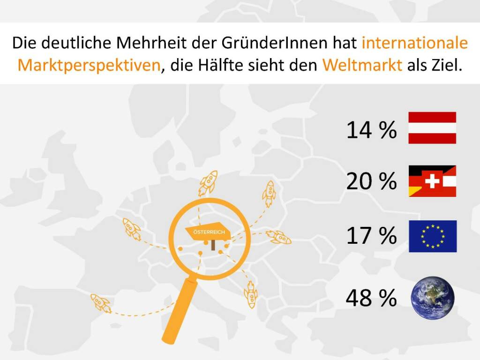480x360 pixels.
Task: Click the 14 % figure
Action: pos(371,130)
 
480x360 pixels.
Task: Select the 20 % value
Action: pos(371,181)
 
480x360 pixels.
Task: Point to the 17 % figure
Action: pos(371,236)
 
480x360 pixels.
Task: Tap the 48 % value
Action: pos(371,298)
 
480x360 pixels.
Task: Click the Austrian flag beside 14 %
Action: pos(432,127)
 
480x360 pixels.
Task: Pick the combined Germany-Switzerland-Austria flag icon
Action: pos(432,181)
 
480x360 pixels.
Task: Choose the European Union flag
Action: pos(432,236)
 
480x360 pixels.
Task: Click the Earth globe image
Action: pos(432,298)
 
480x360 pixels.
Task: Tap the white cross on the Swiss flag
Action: pos(432,181)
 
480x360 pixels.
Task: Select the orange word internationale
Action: pos(415,43)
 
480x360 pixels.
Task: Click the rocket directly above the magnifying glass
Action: pos(207,183)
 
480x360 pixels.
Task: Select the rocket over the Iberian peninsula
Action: pos(101,303)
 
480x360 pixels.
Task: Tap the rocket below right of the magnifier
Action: pos(251,295)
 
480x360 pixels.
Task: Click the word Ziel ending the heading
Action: pos(450,64)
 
